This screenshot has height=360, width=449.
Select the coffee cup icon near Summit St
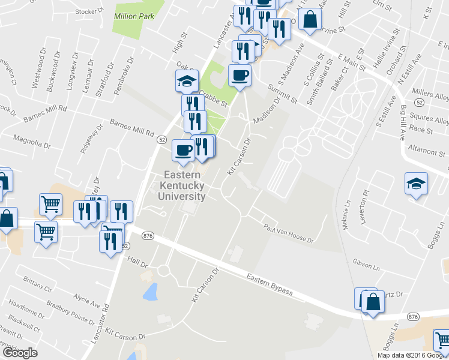240,76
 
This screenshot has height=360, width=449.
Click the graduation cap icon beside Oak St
187,80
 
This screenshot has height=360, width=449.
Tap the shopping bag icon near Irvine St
310,19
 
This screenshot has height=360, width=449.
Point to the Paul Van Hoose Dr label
289,232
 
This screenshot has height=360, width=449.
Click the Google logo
19,353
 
